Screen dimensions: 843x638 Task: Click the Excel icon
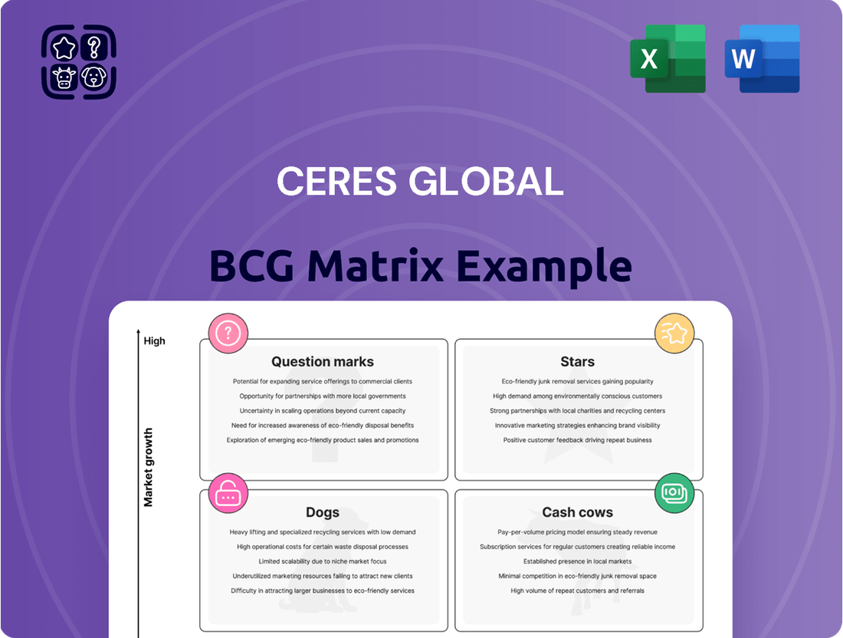(x=668, y=58)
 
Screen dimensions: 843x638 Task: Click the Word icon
(x=763, y=58)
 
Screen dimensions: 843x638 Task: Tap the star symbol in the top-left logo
(x=64, y=48)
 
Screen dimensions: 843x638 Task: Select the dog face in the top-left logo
(x=94, y=77)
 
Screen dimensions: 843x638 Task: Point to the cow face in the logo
(x=64, y=77)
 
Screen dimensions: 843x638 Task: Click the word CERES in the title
(x=336, y=181)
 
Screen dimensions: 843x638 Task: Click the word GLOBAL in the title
(x=486, y=181)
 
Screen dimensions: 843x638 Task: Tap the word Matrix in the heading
(x=376, y=266)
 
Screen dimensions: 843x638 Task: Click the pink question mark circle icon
(x=228, y=334)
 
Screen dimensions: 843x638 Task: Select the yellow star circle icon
(x=674, y=334)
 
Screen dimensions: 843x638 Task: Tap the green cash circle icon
(x=674, y=493)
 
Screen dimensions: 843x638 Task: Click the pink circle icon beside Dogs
(x=228, y=494)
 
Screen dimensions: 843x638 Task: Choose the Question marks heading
(x=323, y=361)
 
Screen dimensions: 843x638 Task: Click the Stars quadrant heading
(x=577, y=361)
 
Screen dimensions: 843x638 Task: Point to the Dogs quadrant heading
(x=323, y=513)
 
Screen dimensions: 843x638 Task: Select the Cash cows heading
(x=577, y=512)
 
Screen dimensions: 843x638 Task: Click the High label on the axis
(x=154, y=341)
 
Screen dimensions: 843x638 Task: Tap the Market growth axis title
(x=149, y=467)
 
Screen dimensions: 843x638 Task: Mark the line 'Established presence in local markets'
(x=577, y=561)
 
